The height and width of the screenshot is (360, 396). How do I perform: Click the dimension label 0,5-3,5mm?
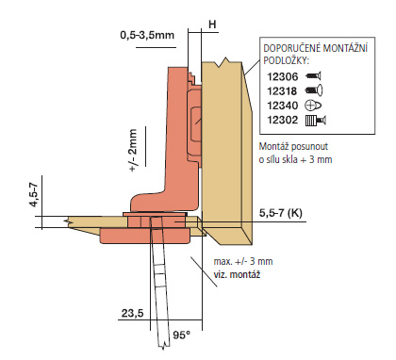pos(147,35)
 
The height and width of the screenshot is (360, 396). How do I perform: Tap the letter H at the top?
pos(213,25)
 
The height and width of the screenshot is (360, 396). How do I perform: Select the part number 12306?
pos(282,76)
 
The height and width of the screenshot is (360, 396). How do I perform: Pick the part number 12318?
pos(282,91)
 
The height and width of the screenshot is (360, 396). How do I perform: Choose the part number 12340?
pos(282,106)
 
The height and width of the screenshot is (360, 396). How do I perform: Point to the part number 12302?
pos(282,120)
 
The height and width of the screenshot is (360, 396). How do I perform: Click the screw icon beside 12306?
pos(313,76)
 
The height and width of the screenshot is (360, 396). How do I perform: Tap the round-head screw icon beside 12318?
pos(314,90)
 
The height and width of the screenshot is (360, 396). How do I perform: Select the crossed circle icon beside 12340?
pos(313,106)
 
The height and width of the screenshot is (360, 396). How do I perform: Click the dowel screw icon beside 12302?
pos(316,121)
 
